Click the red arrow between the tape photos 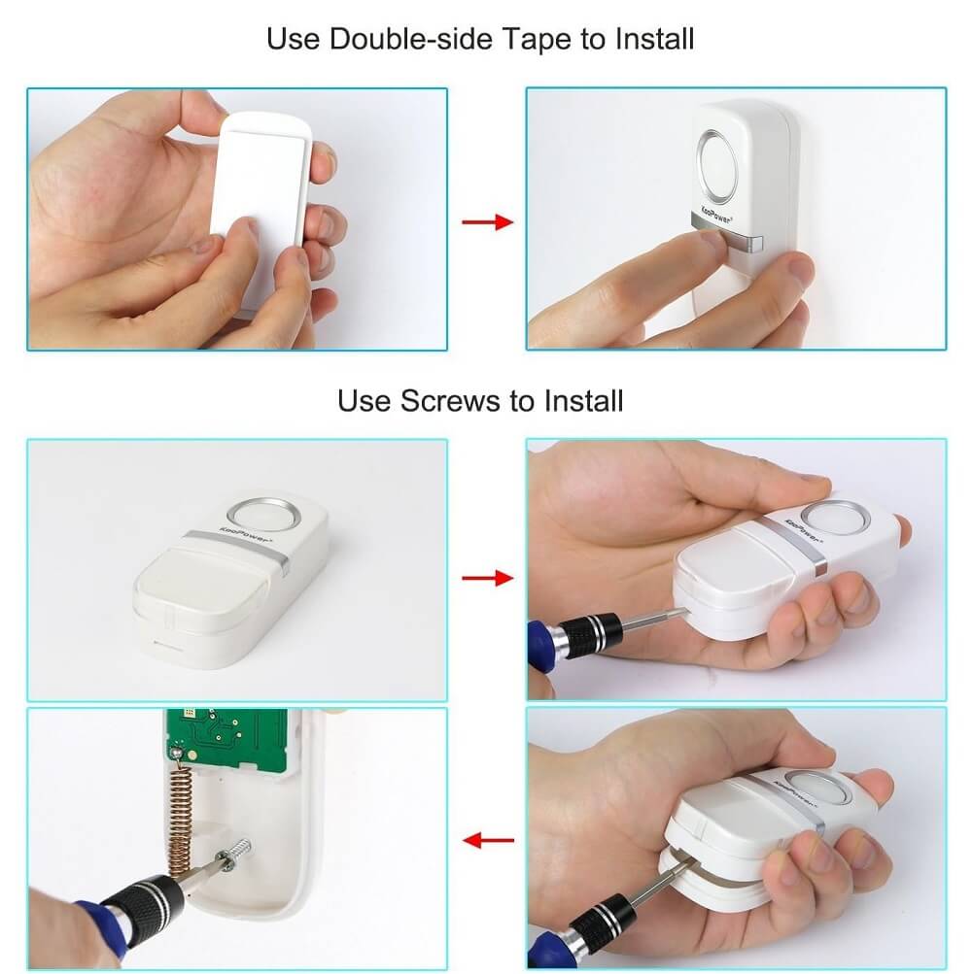point(487,221)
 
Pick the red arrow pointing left point(489,840)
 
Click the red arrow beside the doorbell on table point(487,579)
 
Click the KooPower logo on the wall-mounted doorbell point(716,215)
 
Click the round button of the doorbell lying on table point(264,515)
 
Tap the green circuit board point(227,738)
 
